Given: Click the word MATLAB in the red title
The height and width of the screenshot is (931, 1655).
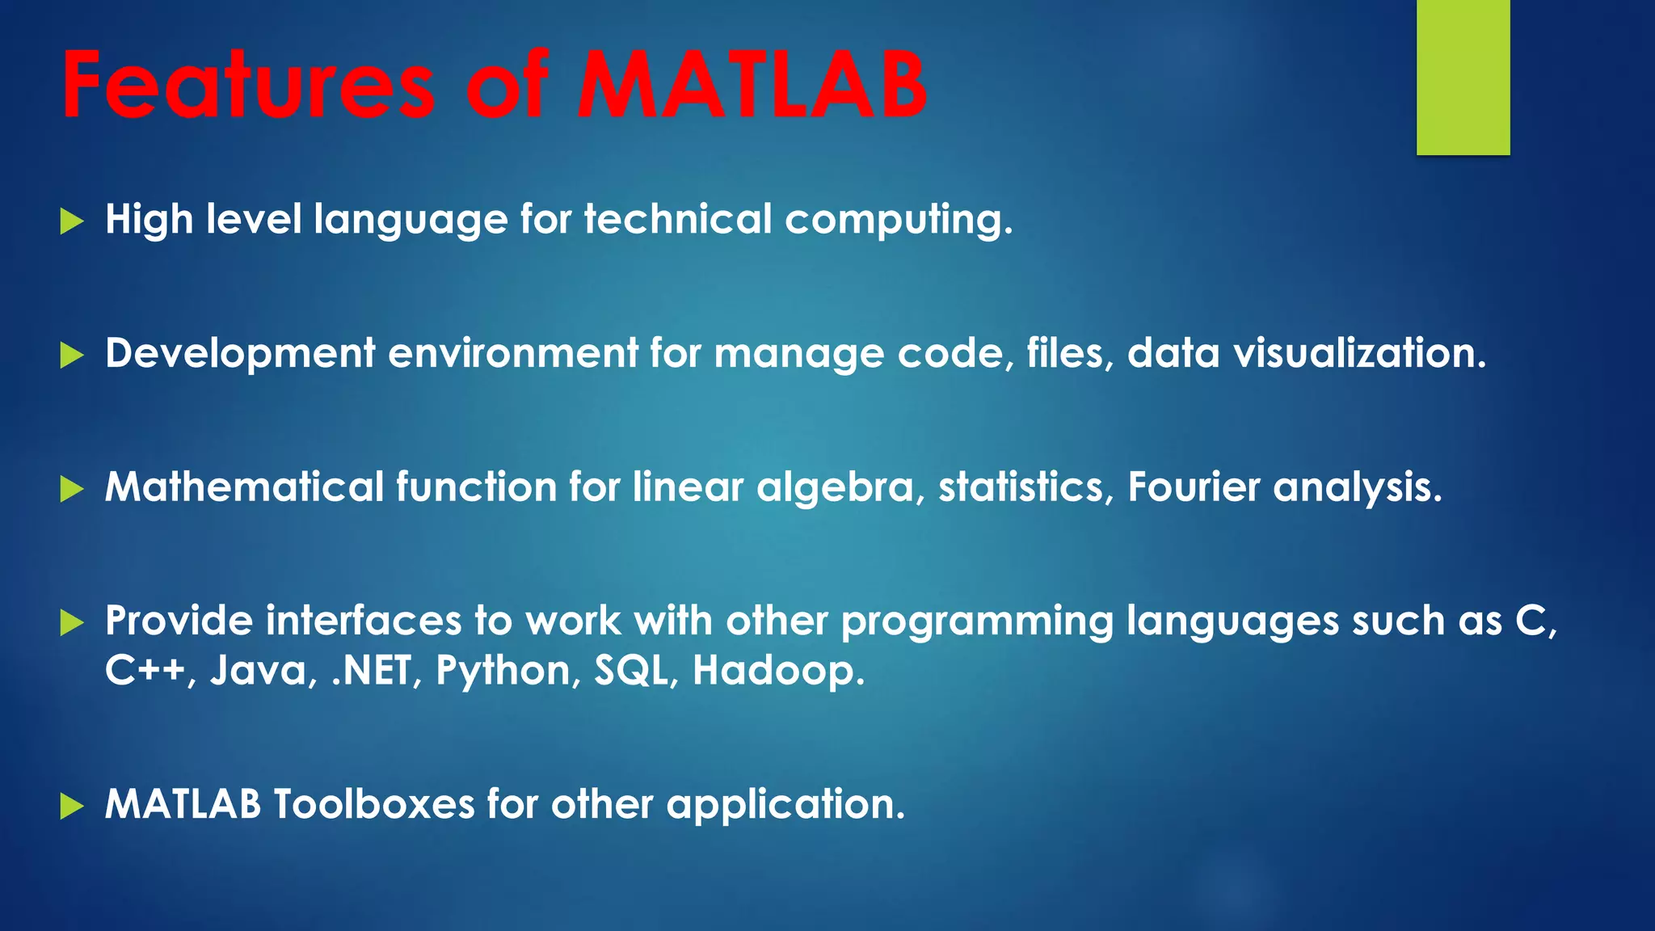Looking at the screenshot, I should (x=752, y=85).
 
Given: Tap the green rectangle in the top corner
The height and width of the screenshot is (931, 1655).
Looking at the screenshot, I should (x=1463, y=77).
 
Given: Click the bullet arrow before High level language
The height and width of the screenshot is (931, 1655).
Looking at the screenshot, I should (x=72, y=221).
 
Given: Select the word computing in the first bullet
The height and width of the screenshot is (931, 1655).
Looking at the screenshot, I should (x=897, y=221).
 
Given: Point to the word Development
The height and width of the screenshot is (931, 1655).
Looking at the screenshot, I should (x=240, y=354).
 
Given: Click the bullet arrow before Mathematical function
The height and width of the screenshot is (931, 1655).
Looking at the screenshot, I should (x=72, y=488).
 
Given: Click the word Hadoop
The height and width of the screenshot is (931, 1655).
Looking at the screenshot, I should (x=777, y=672).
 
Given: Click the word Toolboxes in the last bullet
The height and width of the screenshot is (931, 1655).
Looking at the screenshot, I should (x=373, y=805).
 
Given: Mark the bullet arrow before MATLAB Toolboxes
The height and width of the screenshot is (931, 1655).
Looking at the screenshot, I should (x=72, y=806).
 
